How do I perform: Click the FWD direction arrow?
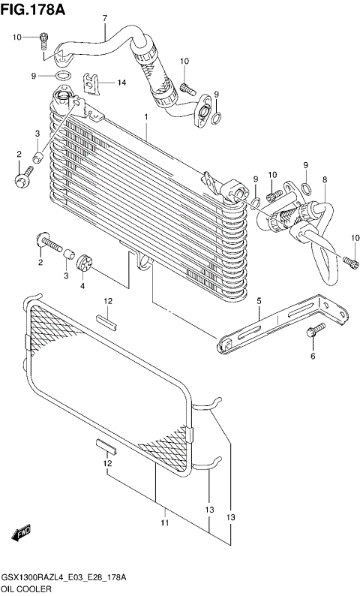[x=20, y=532]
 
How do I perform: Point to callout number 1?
[x=145, y=117]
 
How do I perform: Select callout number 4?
[x=82, y=285]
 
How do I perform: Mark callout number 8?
[x=324, y=179]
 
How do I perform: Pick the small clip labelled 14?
[x=92, y=82]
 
